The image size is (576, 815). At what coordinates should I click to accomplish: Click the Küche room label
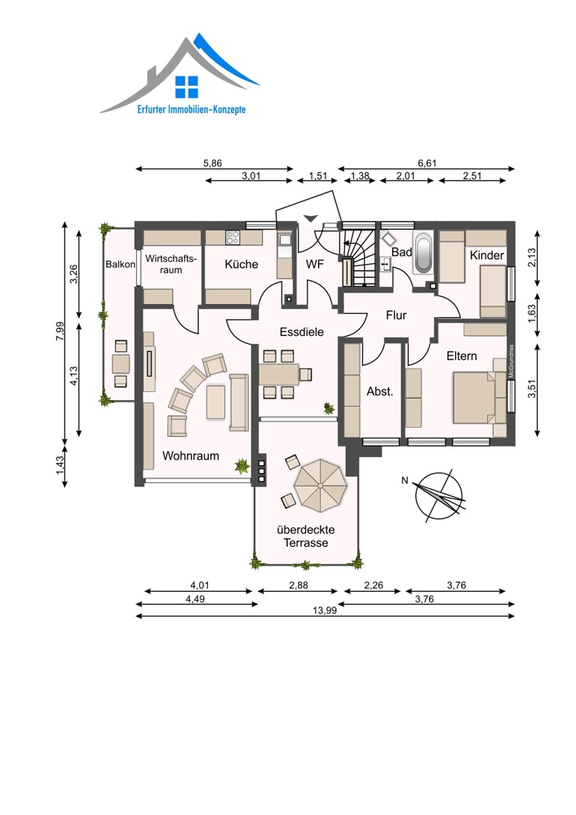point(241,264)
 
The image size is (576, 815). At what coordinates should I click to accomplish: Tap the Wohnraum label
point(190,456)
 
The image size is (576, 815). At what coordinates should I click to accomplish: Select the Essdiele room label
point(302,332)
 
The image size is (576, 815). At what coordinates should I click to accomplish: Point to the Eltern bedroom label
point(462,356)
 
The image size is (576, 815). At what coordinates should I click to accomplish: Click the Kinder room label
point(487,255)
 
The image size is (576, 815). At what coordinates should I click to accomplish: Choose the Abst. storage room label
point(380,391)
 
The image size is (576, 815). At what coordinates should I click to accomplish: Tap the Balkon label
point(120,264)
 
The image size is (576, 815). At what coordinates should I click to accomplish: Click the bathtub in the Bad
point(423,253)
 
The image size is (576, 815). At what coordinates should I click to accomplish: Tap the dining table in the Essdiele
point(278,374)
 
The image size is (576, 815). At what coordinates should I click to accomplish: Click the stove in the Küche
point(232,237)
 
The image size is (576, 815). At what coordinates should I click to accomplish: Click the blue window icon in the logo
point(187,87)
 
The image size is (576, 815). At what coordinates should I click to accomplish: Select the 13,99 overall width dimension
point(325,610)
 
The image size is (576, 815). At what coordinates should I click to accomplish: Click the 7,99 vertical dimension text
point(60,331)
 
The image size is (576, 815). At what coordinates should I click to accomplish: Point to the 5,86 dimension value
point(212,163)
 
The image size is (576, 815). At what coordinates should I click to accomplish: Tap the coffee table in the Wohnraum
point(215,402)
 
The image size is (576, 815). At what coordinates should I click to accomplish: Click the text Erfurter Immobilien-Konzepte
point(192,109)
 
